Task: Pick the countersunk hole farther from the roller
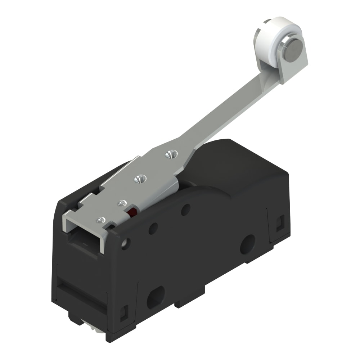140,178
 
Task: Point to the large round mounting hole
248,244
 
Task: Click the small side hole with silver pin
125,244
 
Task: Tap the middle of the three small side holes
153,228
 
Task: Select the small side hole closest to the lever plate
185,210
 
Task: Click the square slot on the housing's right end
280,223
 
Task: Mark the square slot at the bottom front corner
123,312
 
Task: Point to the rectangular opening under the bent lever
83,241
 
